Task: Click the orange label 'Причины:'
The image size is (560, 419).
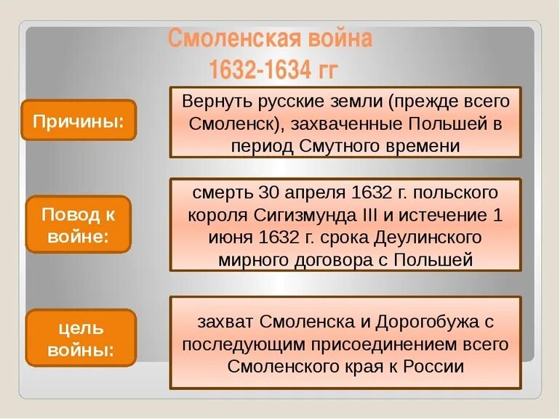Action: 79,120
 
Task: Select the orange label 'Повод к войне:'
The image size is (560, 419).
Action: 79,224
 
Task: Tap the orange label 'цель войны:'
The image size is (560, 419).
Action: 81,338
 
